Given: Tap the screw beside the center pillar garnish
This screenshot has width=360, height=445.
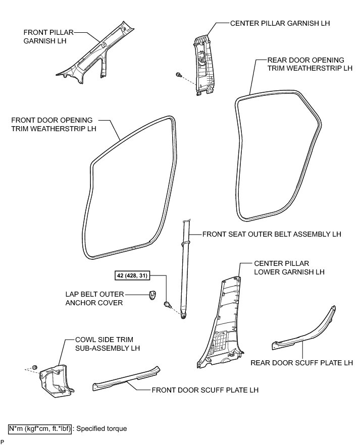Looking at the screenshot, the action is (179, 75).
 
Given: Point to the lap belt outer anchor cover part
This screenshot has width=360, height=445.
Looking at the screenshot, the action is (152, 294).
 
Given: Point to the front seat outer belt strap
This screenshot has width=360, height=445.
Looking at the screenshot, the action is (184, 267).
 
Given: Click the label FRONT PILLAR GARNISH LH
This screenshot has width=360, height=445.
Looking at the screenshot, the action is (45, 37).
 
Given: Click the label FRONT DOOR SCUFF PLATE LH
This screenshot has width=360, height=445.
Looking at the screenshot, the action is (208, 390).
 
